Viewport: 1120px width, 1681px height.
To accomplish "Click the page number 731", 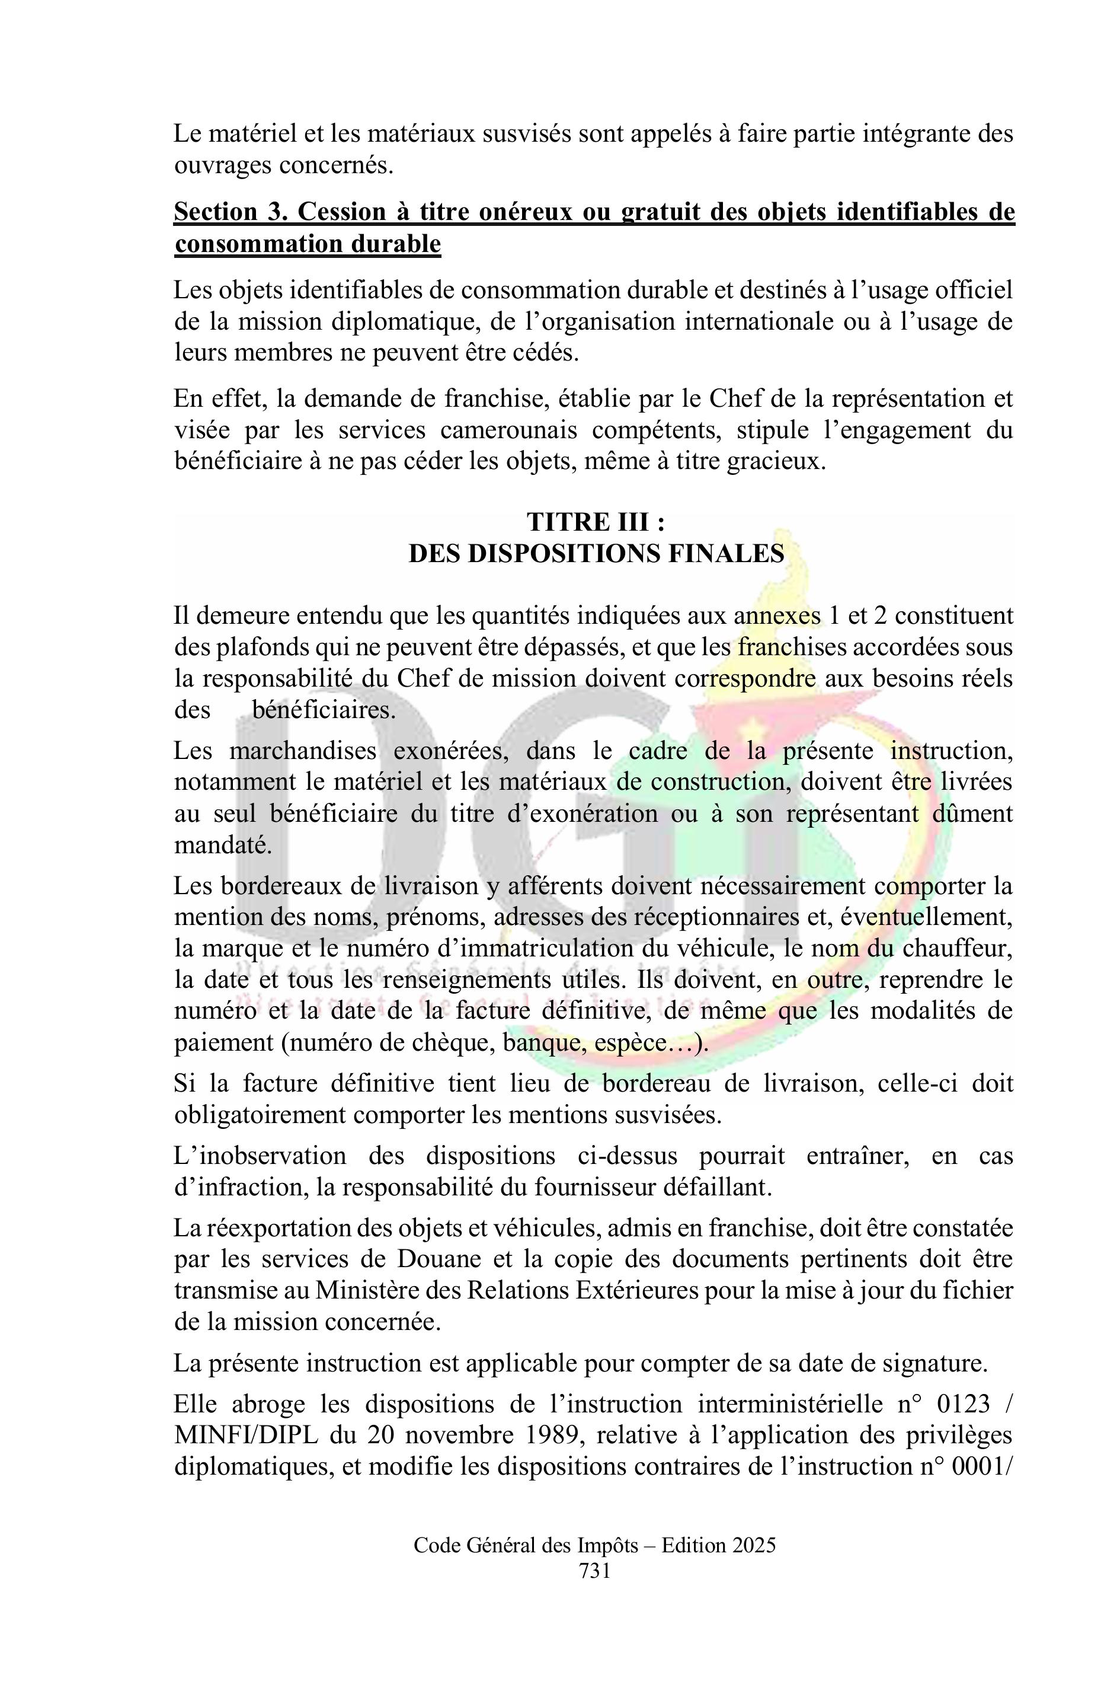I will pos(594,1571).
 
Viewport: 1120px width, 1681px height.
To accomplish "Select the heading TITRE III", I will pos(596,522).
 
